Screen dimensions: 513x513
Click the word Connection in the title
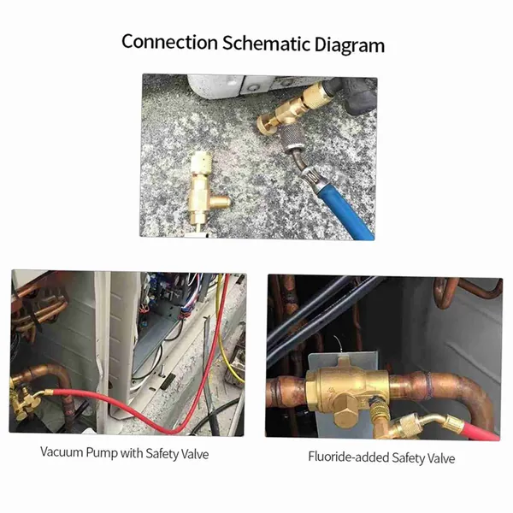click(170, 42)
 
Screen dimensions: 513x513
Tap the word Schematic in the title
click(266, 43)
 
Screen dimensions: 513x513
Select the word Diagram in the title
click(350, 45)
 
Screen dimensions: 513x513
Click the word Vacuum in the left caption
click(62, 451)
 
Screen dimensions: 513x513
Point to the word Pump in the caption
click(102, 453)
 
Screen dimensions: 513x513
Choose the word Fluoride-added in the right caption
click(348, 457)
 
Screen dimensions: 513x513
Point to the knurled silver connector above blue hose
click(294, 141)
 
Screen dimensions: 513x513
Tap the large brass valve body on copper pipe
click(347, 390)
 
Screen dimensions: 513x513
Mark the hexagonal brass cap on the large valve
click(348, 411)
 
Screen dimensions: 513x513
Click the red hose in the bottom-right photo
click(471, 429)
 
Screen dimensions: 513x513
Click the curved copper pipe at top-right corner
click(464, 292)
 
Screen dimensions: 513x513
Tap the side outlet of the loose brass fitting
click(221, 199)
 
